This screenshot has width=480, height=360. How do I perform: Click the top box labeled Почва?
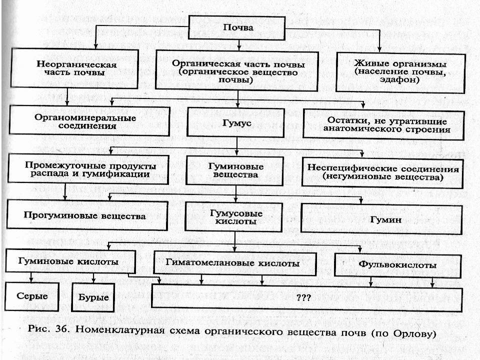click(236, 27)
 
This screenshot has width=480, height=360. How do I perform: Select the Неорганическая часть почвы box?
click(74, 68)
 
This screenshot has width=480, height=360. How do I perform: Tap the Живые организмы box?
click(400, 72)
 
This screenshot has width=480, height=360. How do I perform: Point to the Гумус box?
click(235, 122)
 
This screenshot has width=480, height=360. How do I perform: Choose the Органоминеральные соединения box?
click(89, 120)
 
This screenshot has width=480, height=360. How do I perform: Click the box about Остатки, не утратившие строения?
click(384, 125)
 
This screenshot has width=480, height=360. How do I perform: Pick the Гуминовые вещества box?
click(235, 171)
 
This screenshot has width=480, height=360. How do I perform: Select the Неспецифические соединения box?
click(382, 172)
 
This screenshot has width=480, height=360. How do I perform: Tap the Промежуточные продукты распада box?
click(88, 169)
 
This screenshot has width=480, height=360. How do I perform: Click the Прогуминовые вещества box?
click(87, 215)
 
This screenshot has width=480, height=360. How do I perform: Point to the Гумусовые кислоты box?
click(233, 217)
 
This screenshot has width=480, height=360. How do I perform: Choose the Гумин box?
click(381, 219)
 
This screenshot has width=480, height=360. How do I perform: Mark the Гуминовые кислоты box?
click(70, 261)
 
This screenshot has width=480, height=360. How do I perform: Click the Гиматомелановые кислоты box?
click(235, 263)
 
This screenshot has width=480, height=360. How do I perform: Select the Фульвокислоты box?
click(397, 265)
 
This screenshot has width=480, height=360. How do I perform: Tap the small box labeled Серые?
click(32, 296)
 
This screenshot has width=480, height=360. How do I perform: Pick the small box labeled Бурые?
click(93, 297)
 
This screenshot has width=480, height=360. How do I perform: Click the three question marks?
click(303, 297)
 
